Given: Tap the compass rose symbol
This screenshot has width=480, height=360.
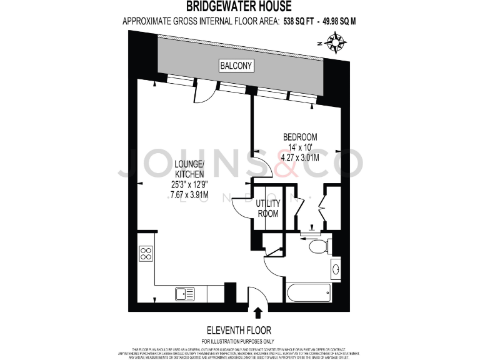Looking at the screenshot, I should pyautogui.click(x=336, y=42).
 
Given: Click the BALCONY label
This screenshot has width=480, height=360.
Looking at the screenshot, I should pyautogui.click(x=236, y=65).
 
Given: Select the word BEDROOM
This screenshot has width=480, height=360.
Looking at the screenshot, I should pyautogui.click(x=300, y=137).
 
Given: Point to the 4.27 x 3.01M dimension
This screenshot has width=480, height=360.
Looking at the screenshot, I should pyautogui.click(x=300, y=157).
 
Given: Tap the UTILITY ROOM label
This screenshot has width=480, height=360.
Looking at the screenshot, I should pyautogui.click(x=267, y=208).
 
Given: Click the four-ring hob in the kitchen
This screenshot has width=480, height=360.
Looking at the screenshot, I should pyautogui.click(x=146, y=253).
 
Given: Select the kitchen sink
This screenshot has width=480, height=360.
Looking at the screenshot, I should pyautogui.click(x=186, y=292).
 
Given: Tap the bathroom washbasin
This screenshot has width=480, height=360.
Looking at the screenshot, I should pyautogui.click(x=336, y=270).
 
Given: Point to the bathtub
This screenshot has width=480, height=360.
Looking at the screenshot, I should pyautogui.click(x=310, y=292).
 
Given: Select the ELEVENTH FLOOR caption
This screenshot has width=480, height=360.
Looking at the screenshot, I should pyautogui.click(x=239, y=329).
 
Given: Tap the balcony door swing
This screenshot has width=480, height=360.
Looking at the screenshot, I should pyautogui.click(x=203, y=94).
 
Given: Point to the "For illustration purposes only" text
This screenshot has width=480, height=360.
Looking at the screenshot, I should pyautogui.click(x=239, y=341).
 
